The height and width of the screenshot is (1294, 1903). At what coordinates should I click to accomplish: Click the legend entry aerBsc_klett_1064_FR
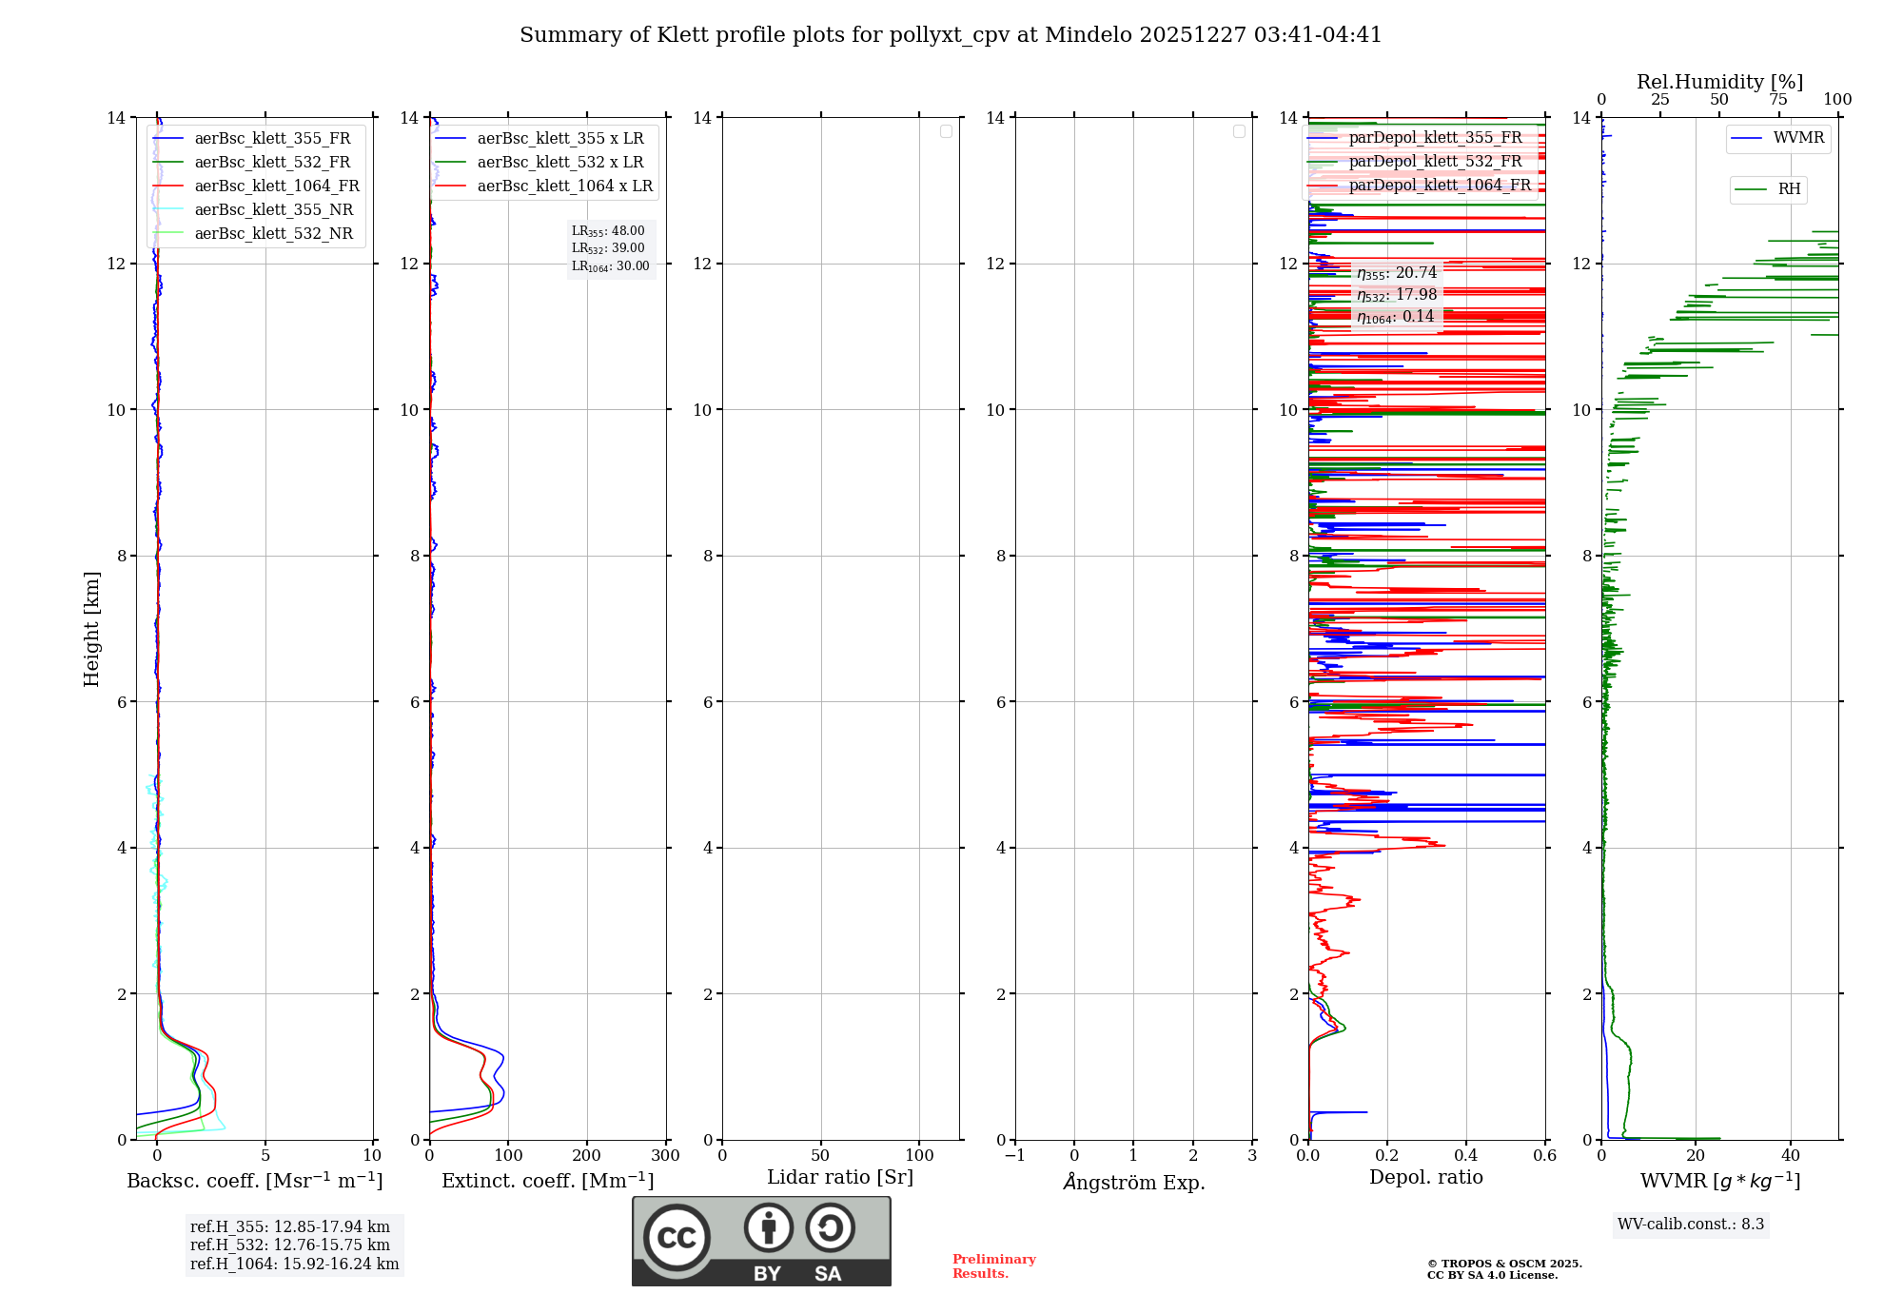click(x=276, y=186)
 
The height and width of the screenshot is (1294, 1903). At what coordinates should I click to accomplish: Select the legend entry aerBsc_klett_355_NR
click(x=273, y=210)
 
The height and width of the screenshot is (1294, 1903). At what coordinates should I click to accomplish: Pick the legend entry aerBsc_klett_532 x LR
click(x=559, y=163)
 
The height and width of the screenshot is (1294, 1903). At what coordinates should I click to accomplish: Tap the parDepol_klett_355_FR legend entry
click(x=1435, y=138)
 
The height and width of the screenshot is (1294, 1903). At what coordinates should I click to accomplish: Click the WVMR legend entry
click(x=1798, y=138)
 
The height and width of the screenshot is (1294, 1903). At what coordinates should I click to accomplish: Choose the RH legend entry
click(x=1789, y=189)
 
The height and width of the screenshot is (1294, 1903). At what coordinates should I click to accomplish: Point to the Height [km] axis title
click(x=91, y=629)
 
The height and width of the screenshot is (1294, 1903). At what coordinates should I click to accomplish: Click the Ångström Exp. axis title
click(x=1133, y=1183)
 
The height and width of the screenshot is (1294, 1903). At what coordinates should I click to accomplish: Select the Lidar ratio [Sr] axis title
click(x=840, y=1178)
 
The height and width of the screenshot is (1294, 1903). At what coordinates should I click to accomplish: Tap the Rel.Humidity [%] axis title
click(x=1719, y=82)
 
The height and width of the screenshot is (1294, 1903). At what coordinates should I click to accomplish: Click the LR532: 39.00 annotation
click(x=608, y=248)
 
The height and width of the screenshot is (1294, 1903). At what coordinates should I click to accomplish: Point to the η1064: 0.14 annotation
click(x=1396, y=317)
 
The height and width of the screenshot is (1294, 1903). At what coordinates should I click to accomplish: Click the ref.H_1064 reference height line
click(x=294, y=1265)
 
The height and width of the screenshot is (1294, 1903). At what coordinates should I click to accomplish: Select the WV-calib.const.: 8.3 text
click(x=1691, y=1225)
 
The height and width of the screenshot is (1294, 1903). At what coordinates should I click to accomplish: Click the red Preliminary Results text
click(x=993, y=1266)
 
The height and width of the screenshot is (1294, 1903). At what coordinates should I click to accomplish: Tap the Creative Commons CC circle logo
click(x=677, y=1237)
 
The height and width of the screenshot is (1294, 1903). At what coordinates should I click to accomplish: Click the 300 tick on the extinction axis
click(x=665, y=1156)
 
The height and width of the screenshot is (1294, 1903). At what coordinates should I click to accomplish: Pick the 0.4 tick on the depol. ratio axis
click(x=1466, y=1156)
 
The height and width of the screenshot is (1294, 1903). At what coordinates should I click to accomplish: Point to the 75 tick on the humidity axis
click(x=1778, y=100)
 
